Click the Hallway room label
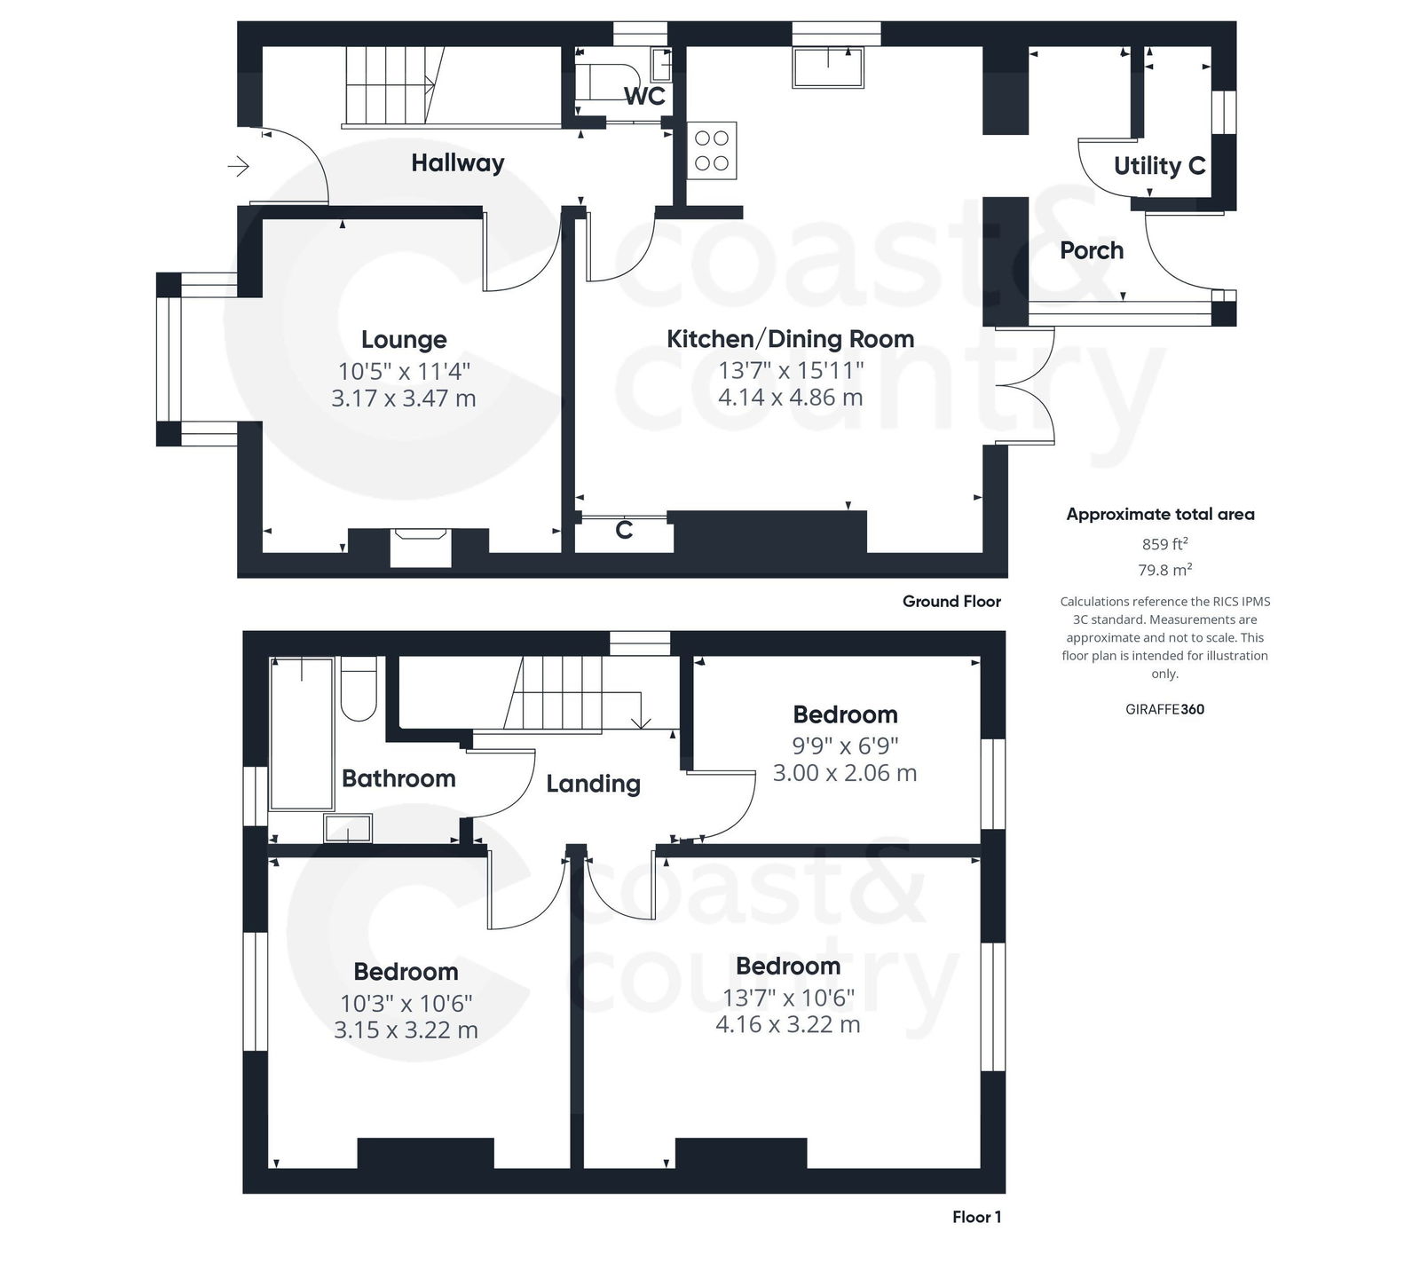click(x=457, y=163)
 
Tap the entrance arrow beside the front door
click(x=239, y=166)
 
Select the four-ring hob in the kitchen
click(x=712, y=151)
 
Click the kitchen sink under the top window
click(x=827, y=67)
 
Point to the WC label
click(x=644, y=96)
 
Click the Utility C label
click(x=1159, y=166)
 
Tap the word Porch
click(x=1092, y=251)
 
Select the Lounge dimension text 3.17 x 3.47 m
click(x=404, y=398)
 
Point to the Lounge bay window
click(x=169, y=359)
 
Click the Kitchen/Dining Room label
click(x=790, y=339)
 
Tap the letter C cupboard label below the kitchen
click(x=624, y=531)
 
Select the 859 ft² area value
click(x=1164, y=544)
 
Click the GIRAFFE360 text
click(x=1164, y=709)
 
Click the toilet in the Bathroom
click(x=359, y=690)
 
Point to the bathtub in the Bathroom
click(x=302, y=733)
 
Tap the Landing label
click(x=593, y=785)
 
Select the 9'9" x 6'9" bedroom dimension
click(x=845, y=746)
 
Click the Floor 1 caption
click(x=976, y=1217)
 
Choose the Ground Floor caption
click(x=951, y=602)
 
